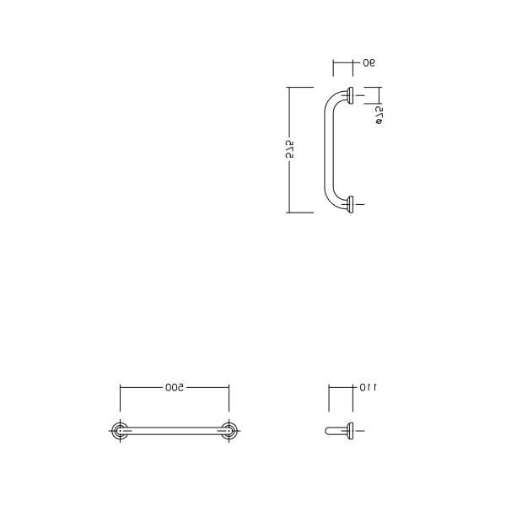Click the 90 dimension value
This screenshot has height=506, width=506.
[x=369, y=63]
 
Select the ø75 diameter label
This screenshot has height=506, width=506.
[x=379, y=116]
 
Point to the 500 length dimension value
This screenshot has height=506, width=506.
[x=175, y=387]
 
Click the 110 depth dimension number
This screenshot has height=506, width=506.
[x=369, y=387]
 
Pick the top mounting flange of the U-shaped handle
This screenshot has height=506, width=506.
[x=351, y=95]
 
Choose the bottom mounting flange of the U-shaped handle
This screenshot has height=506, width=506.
[x=351, y=205]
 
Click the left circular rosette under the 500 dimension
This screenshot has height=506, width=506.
[x=120, y=431]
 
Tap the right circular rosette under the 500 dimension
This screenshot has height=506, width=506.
[x=229, y=431]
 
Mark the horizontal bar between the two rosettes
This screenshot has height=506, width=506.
[x=175, y=431]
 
